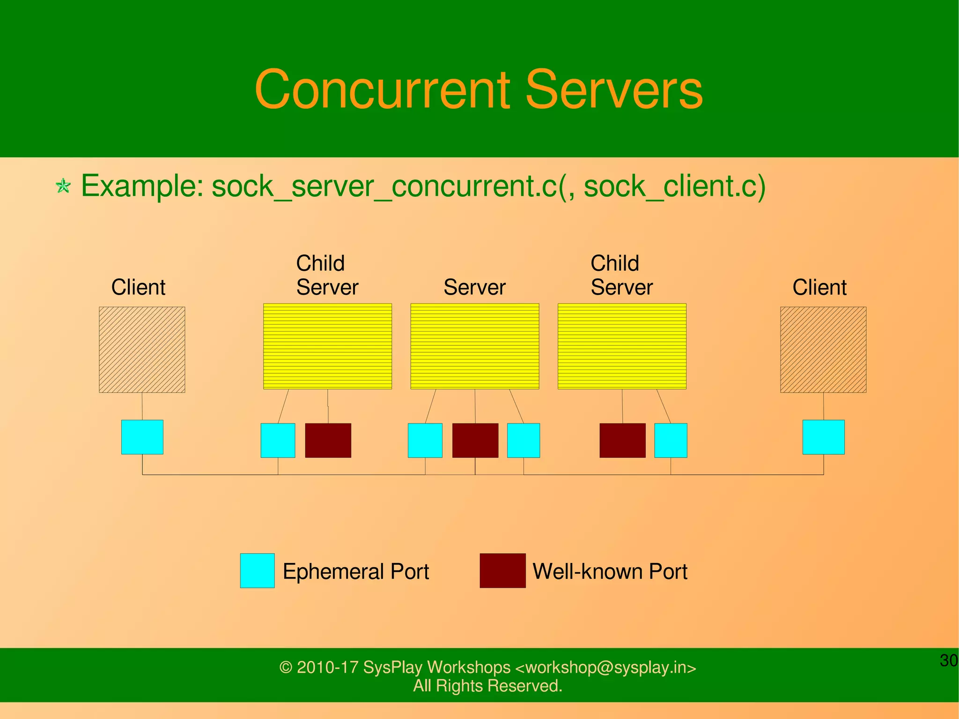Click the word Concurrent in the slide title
point(382,90)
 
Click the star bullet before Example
point(63,186)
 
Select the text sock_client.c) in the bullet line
point(674,186)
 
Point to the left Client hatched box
point(142,349)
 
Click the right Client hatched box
point(823,349)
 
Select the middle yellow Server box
point(475,346)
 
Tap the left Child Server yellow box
point(327,346)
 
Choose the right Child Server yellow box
point(622,346)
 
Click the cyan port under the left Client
point(142,437)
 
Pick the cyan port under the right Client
point(824,437)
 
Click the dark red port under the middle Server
point(475,440)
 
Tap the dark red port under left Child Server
point(328,440)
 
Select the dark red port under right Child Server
point(622,440)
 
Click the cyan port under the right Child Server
point(671,440)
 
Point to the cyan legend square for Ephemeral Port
point(257,571)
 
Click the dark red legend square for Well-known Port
point(502,571)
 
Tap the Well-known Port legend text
point(610,571)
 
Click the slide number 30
point(949,660)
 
